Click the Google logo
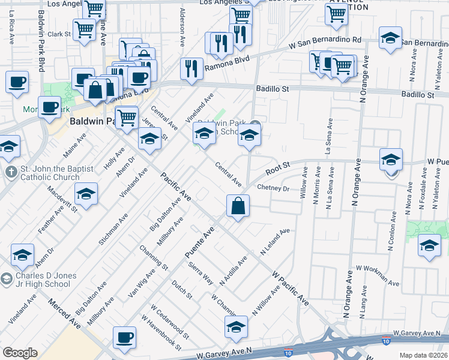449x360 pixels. tap(20, 353)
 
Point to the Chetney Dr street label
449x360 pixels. tap(273, 188)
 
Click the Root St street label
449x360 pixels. tap(278, 167)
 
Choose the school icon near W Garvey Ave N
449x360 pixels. tap(236, 327)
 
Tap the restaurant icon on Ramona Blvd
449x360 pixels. tap(192, 68)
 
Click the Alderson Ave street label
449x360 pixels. tap(182, 22)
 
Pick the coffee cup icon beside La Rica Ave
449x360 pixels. tap(17, 81)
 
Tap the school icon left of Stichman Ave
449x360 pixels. tap(86, 194)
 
